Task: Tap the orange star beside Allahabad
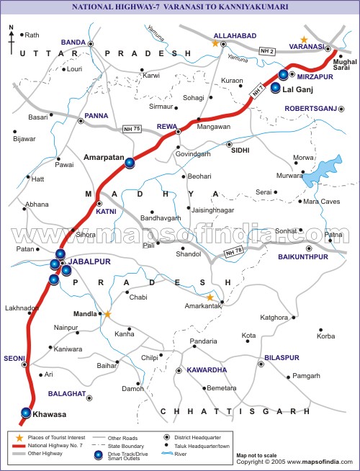pyautogui.click(x=215, y=44)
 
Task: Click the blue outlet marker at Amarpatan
pyautogui.click(x=130, y=163)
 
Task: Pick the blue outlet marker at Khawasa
pyautogui.click(x=26, y=413)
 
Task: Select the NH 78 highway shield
pyautogui.click(x=235, y=252)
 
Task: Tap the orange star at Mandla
pyautogui.click(x=107, y=314)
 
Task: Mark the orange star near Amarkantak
pyautogui.click(x=210, y=297)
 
